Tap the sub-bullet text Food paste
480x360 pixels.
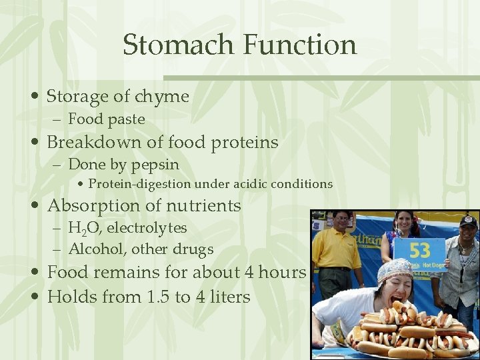pos(107,119)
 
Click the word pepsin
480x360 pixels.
pos(155,164)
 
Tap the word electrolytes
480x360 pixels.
pos(147,228)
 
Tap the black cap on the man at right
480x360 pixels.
pos(469,221)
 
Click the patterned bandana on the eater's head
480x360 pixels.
pos(393,271)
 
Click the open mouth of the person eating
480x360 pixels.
pos(389,299)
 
